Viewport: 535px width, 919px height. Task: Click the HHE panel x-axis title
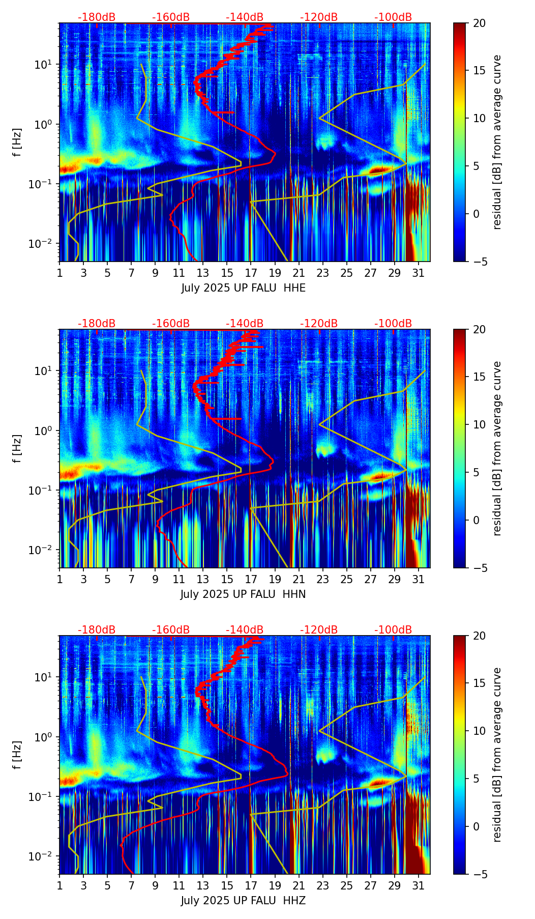pos(243,288)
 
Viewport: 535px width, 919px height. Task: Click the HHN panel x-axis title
pos(243,594)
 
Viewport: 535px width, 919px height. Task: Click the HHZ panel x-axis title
pos(243,901)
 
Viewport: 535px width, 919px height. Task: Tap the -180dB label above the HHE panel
pos(97,17)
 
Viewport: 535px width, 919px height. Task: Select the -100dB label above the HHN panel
pos(393,324)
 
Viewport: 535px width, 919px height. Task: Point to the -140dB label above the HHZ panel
pos(245,630)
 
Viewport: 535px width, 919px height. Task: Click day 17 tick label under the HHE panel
pos(251,273)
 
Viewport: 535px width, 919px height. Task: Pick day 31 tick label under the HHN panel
pos(418,579)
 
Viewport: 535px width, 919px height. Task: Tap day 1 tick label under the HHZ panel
pos(60,885)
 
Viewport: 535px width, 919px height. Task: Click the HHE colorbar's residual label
pos(497,142)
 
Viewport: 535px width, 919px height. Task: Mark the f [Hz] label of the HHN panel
pos(18,448)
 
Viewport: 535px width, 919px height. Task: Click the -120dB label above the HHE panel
pos(319,17)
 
